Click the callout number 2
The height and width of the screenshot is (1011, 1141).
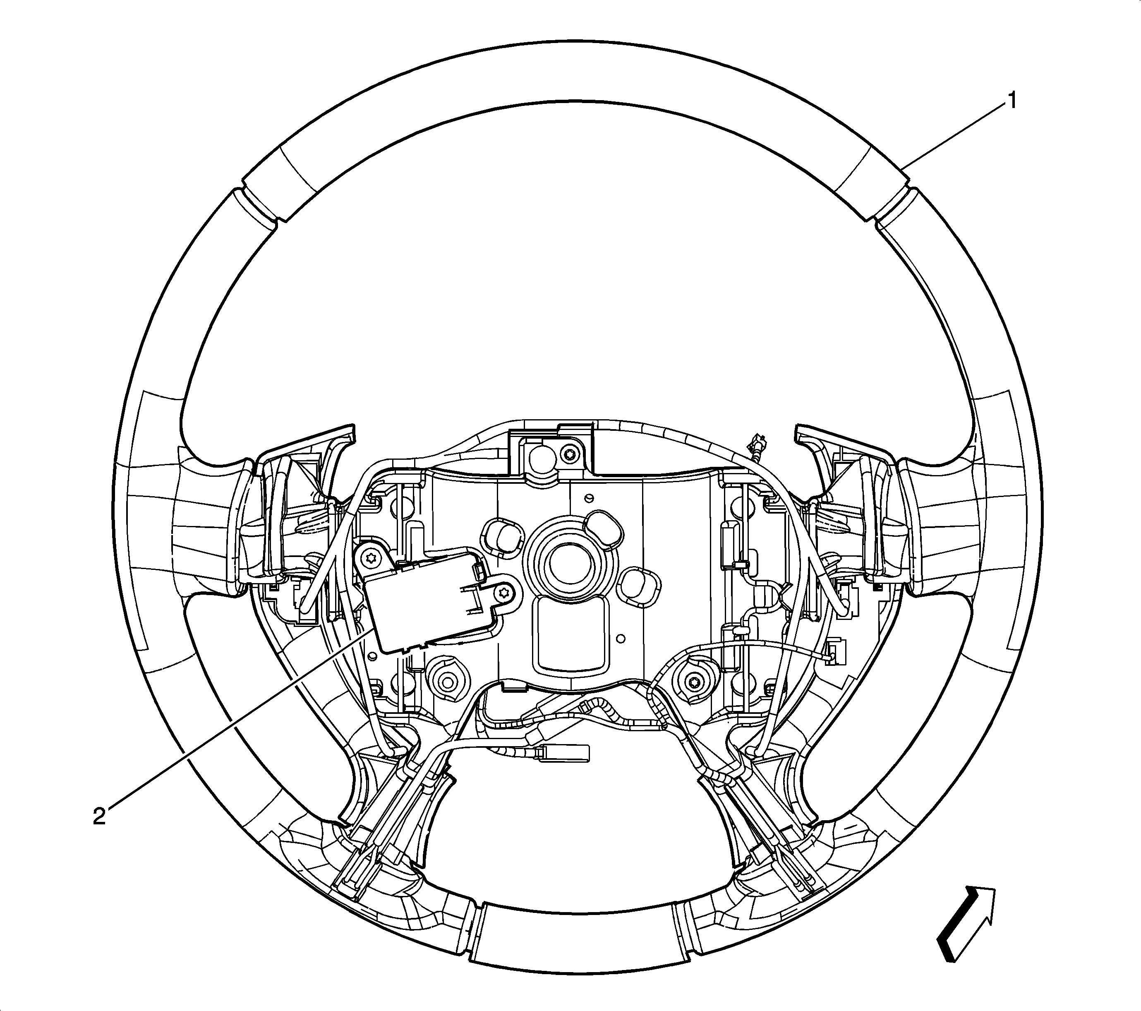coord(99,817)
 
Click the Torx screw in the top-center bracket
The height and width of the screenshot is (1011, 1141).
coord(569,453)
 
